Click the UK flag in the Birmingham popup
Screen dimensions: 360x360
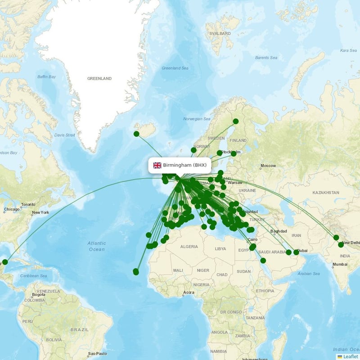[157, 165]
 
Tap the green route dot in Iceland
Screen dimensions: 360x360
[136, 134]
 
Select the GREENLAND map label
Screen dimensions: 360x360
[99, 78]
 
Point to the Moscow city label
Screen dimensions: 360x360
[268, 166]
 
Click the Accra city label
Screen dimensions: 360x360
[189, 292]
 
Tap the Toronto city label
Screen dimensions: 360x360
[27, 204]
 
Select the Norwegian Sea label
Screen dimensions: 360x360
[197, 119]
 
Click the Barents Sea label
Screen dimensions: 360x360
[267, 58]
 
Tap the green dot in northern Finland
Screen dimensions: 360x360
[235, 121]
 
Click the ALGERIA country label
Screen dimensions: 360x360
[189, 247]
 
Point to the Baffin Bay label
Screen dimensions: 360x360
[46, 77]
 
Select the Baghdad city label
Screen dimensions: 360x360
[279, 232]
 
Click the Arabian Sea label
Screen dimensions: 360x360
[308, 274]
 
